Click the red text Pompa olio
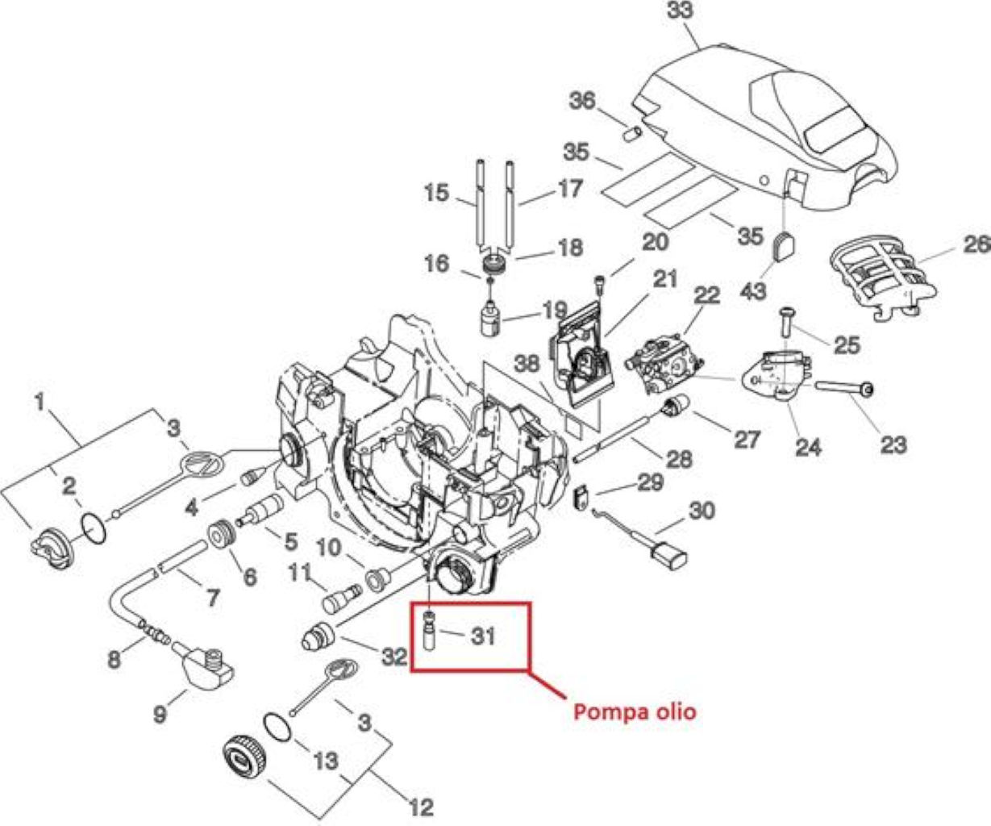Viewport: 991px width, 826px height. [x=635, y=711]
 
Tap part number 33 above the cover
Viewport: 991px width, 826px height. [x=680, y=10]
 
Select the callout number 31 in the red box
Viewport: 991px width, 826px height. [x=483, y=636]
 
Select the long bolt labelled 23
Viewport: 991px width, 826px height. [x=845, y=388]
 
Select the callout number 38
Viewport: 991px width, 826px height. [x=527, y=364]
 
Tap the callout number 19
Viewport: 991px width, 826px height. [x=554, y=311]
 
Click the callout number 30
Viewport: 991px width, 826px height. [x=702, y=511]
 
